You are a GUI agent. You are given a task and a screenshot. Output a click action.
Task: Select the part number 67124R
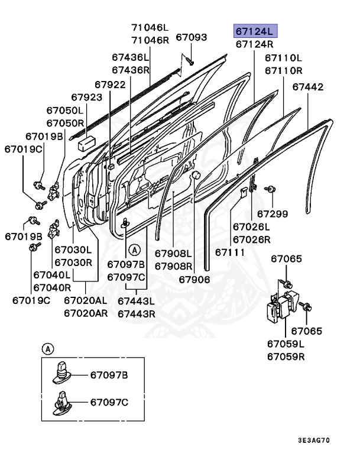tap(254, 44)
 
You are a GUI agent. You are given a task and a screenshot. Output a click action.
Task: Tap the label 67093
tap(191, 37)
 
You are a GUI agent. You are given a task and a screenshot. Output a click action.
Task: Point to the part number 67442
tap(308, 87)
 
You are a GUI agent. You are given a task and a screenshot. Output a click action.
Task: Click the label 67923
tap(86, 97)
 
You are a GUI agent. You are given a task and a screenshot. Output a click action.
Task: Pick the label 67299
tap(272, 213)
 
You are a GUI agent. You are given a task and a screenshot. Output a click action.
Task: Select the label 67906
tap(194, 279)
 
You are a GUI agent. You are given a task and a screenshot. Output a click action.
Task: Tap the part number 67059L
tap(286, 344)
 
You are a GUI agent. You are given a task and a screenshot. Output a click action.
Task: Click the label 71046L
tap(150, 27)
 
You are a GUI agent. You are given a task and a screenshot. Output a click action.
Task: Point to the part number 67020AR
tap(86, 313)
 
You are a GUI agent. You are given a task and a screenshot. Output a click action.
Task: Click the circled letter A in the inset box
tap(46, 348)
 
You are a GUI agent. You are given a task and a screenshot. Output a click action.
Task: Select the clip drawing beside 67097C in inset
tap(63, 402)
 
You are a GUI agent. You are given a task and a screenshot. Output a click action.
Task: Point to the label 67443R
tap(136, 313)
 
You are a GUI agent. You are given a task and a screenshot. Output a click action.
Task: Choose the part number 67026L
tap(251, 227)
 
